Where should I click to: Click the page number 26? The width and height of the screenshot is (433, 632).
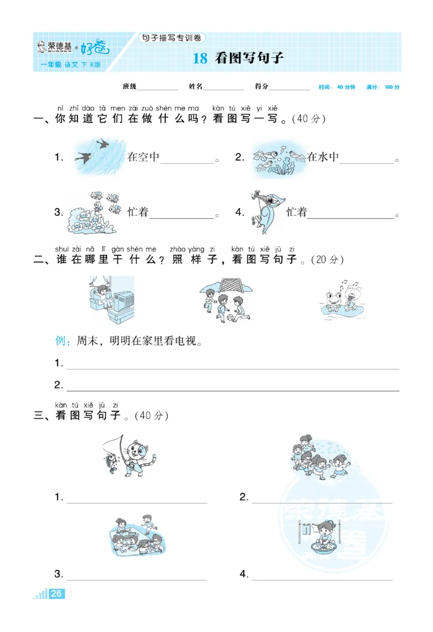click(x=57, y=594)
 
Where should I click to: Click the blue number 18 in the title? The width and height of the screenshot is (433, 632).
click(x=200, y=59)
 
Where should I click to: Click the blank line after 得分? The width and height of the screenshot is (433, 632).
click(x=290, y=88)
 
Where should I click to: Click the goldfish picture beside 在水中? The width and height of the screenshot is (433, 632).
click(x=278, y=159)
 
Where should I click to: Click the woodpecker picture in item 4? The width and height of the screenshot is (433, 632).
click(x=267, y=211)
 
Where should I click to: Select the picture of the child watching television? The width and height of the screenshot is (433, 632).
click(x=110, y=299)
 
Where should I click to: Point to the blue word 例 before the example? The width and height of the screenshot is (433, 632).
click(x=61, y=341)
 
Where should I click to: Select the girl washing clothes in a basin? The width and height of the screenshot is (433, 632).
click(x=323, y=537)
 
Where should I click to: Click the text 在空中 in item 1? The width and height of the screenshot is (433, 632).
click(x=143, y=158)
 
